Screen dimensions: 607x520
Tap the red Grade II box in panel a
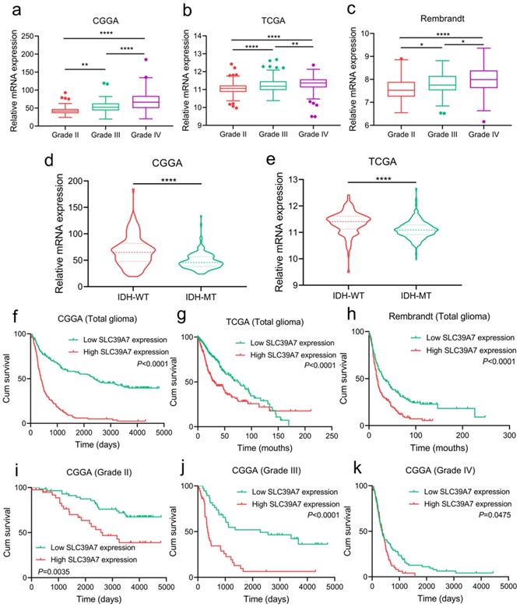point(37,111)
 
